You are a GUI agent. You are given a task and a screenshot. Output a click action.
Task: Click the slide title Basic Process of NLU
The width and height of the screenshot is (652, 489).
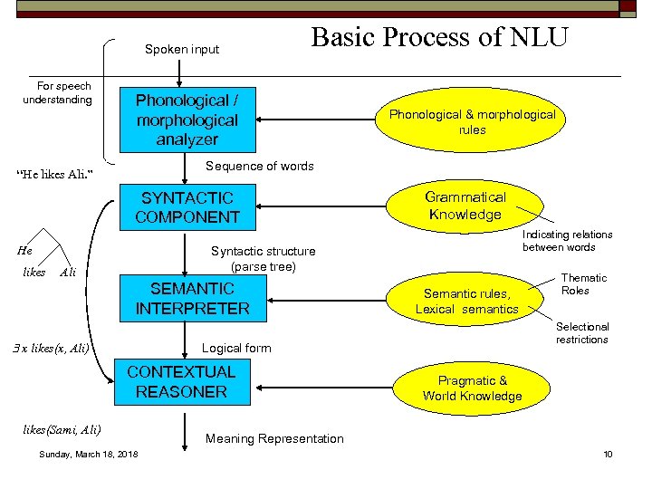[439, 37]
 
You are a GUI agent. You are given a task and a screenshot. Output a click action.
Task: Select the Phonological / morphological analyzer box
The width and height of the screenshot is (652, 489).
[187, 120]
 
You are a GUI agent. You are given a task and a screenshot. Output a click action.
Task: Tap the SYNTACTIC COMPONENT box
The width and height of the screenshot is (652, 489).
[187, 207]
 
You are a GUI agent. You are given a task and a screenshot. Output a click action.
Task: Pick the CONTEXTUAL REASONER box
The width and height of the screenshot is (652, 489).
[181, 381]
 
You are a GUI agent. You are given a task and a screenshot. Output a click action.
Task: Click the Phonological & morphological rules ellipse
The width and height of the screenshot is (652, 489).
[472, 122]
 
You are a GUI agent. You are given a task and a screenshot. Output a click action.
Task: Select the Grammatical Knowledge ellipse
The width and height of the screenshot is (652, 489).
[465, 206]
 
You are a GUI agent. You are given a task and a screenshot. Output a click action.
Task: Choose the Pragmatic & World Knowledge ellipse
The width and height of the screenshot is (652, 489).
[472, 388]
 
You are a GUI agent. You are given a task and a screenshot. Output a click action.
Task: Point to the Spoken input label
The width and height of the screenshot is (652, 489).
[182, 49]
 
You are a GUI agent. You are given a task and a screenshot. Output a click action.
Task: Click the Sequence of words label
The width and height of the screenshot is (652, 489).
[260, 166]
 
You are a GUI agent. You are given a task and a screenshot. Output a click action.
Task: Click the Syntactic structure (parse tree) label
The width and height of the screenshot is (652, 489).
[263, 259]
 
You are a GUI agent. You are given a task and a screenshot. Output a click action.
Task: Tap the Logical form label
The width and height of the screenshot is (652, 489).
[235, 348]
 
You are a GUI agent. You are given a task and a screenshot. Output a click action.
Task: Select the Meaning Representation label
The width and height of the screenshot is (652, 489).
[274, 438]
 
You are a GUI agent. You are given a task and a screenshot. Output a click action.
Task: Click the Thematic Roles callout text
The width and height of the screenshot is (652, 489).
[584, 284]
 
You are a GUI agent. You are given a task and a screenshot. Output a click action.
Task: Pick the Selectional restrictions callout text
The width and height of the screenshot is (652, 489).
[582, 332]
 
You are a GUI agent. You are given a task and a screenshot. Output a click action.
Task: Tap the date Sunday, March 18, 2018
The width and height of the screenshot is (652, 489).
[89, 454]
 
